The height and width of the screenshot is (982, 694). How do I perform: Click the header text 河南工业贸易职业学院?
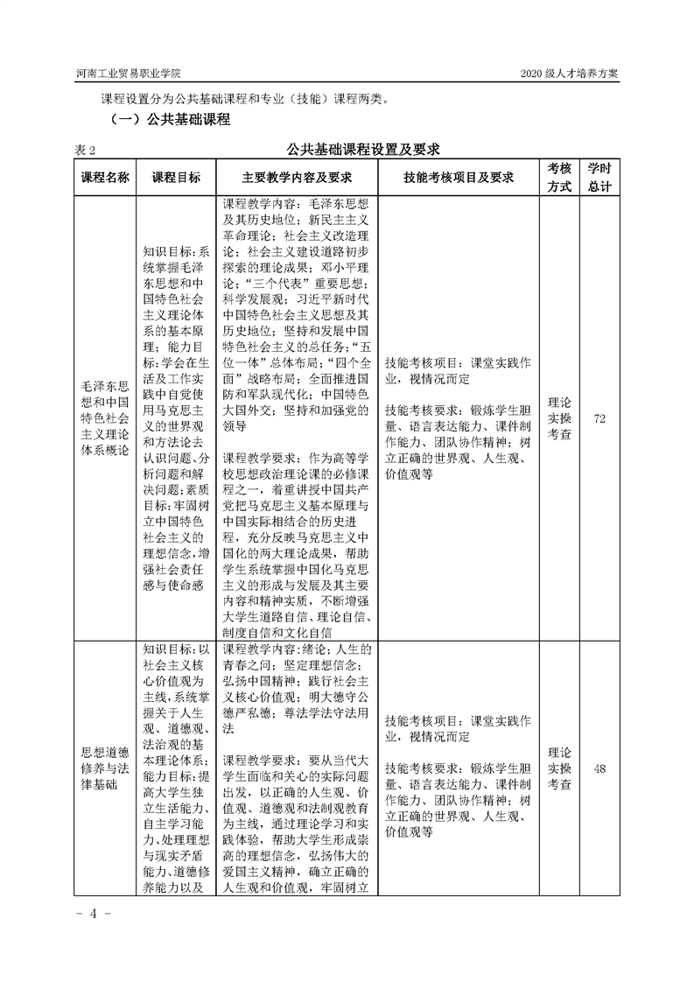135,74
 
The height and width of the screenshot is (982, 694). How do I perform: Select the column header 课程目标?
176,178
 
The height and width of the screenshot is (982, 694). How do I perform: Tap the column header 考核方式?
559,178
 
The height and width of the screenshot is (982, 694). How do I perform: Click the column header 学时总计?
599,178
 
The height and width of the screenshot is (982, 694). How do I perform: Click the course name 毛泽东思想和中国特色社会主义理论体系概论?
105,419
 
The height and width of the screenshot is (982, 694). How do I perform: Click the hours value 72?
599,419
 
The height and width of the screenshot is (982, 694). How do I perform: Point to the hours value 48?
599,768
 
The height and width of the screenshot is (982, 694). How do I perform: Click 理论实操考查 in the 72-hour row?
559,419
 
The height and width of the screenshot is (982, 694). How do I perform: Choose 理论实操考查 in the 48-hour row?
559,768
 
